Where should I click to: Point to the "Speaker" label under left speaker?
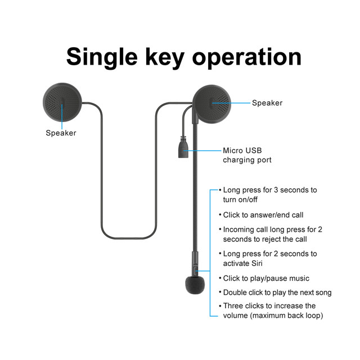coord(61,133)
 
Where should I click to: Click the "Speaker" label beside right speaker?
coord(267,103)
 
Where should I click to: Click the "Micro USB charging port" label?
coord(247,155)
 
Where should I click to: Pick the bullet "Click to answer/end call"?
coord(263,215)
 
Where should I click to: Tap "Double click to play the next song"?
coord(277,292)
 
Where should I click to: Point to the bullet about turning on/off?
coord(269,195)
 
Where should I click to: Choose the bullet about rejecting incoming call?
coord(269,234)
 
